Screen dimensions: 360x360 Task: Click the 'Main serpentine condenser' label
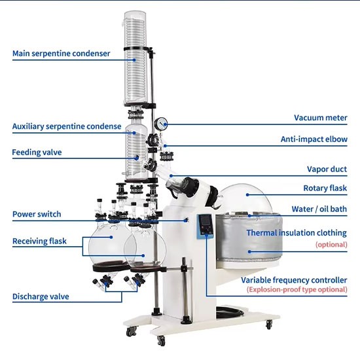[x=61, y=54]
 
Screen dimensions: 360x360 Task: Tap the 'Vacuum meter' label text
[x=321, y=118]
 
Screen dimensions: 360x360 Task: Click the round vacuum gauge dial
[x=161, y=124]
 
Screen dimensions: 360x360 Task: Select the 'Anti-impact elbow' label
[x=314, y=139]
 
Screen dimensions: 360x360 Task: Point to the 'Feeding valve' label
[x=37, y=153]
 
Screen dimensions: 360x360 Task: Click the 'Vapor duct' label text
[x=327, y=170]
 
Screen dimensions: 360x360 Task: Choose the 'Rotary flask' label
[x=325, y=189]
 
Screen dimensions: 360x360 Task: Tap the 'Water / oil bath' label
[x=319, y=209]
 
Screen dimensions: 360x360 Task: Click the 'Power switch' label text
[x=37, y=214]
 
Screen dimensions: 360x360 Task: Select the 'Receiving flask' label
[x=39, y=241]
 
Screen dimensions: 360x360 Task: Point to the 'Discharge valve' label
[x=41, y=297]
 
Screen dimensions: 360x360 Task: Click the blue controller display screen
[x=206, y=221]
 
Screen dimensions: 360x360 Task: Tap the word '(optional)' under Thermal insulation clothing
[x=331, y=245]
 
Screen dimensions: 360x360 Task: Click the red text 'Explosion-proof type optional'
[x=297, y=289]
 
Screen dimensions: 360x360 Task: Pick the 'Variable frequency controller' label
[x=294, y=280]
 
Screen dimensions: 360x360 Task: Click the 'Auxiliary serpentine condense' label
[x=67, y=126]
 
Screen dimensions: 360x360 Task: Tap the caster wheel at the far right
[x=269, y=325]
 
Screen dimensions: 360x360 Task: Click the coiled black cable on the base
[x=230, y=312]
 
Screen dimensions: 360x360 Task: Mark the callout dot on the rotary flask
[x=247, y=194]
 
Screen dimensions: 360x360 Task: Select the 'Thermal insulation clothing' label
[x=297, y=233]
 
